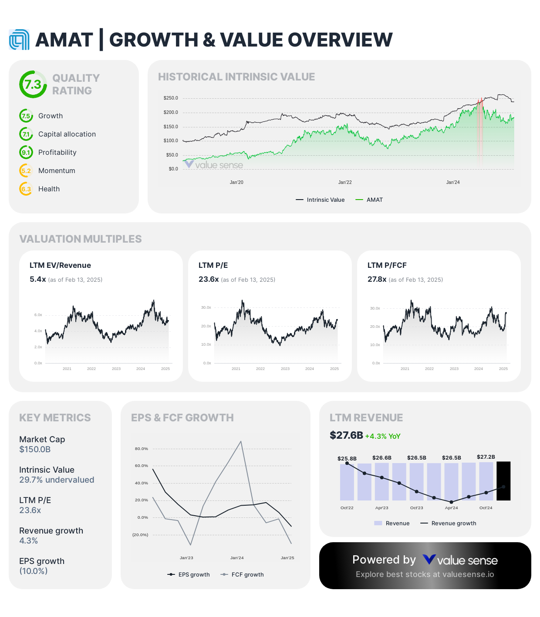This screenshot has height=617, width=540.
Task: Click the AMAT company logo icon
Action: click(19, 40)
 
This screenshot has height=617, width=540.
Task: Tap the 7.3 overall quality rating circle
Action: click(33, 84)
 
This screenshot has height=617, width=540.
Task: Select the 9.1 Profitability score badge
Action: click(26, 153)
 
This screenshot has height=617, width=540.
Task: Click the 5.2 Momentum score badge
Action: click(26, 171)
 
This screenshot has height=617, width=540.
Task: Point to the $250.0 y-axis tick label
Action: click(171, 98)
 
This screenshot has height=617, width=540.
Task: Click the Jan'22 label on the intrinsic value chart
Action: click(345, 183)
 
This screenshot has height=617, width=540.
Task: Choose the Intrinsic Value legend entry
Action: click(321, 200)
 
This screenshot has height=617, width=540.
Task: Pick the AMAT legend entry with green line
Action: click(369, 200)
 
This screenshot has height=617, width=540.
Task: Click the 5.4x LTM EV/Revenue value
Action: click(38, 280)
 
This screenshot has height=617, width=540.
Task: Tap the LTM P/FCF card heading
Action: click(387, 265)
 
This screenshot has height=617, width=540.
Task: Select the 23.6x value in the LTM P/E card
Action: click(209, 280)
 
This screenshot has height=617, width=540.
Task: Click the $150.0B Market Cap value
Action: click(35, 450)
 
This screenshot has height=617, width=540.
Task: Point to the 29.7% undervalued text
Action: click(57, 480)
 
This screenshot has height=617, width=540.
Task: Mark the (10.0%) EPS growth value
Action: click(34, 571)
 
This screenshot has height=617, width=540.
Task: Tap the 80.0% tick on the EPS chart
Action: click(142, 449)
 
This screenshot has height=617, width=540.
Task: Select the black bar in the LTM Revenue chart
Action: click(503, 481)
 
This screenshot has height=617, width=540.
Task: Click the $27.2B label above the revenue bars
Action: click(486, 457)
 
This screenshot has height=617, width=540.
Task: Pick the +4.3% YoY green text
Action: click(383, 437)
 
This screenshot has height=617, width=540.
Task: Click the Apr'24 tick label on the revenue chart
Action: click(451, 508)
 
